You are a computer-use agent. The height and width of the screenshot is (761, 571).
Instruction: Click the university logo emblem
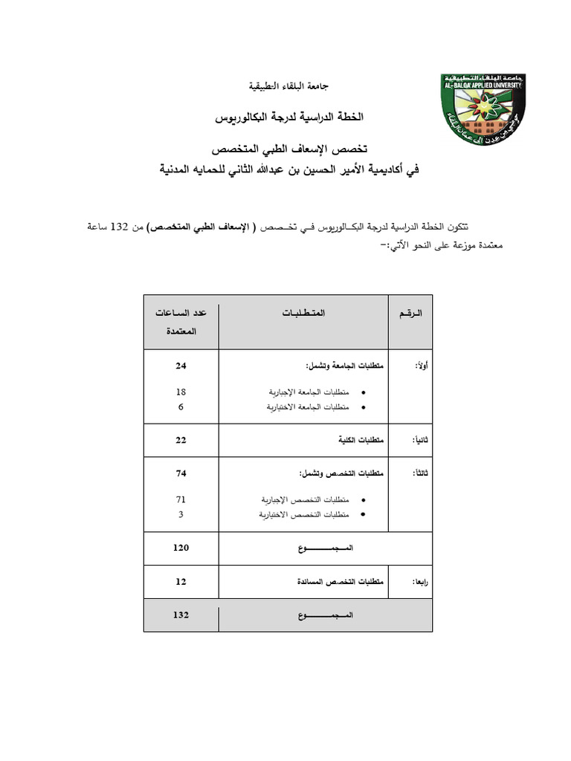tap(483, 111)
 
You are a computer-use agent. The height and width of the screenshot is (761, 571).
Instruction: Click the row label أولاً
tap(420, 366)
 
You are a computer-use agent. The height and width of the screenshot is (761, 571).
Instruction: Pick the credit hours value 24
tap(181, 366)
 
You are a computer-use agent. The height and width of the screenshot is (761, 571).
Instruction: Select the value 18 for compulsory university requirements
tap(181, 392)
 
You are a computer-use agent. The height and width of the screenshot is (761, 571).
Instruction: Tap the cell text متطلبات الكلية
tap(362, 440)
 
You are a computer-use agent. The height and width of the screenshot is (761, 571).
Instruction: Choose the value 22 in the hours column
tap(181, 440)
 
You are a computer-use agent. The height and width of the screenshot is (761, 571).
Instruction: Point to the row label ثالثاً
tap(420, 473)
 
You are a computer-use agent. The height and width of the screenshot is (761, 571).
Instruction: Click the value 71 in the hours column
tap(181, 499)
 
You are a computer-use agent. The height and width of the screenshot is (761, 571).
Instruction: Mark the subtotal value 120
tap(181, 548)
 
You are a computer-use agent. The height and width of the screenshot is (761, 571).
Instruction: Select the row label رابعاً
tap(420, 583)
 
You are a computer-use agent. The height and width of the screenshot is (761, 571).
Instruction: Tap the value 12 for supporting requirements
tap(181, 582)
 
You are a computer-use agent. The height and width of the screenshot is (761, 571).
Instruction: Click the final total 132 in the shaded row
tap(181, 615)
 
